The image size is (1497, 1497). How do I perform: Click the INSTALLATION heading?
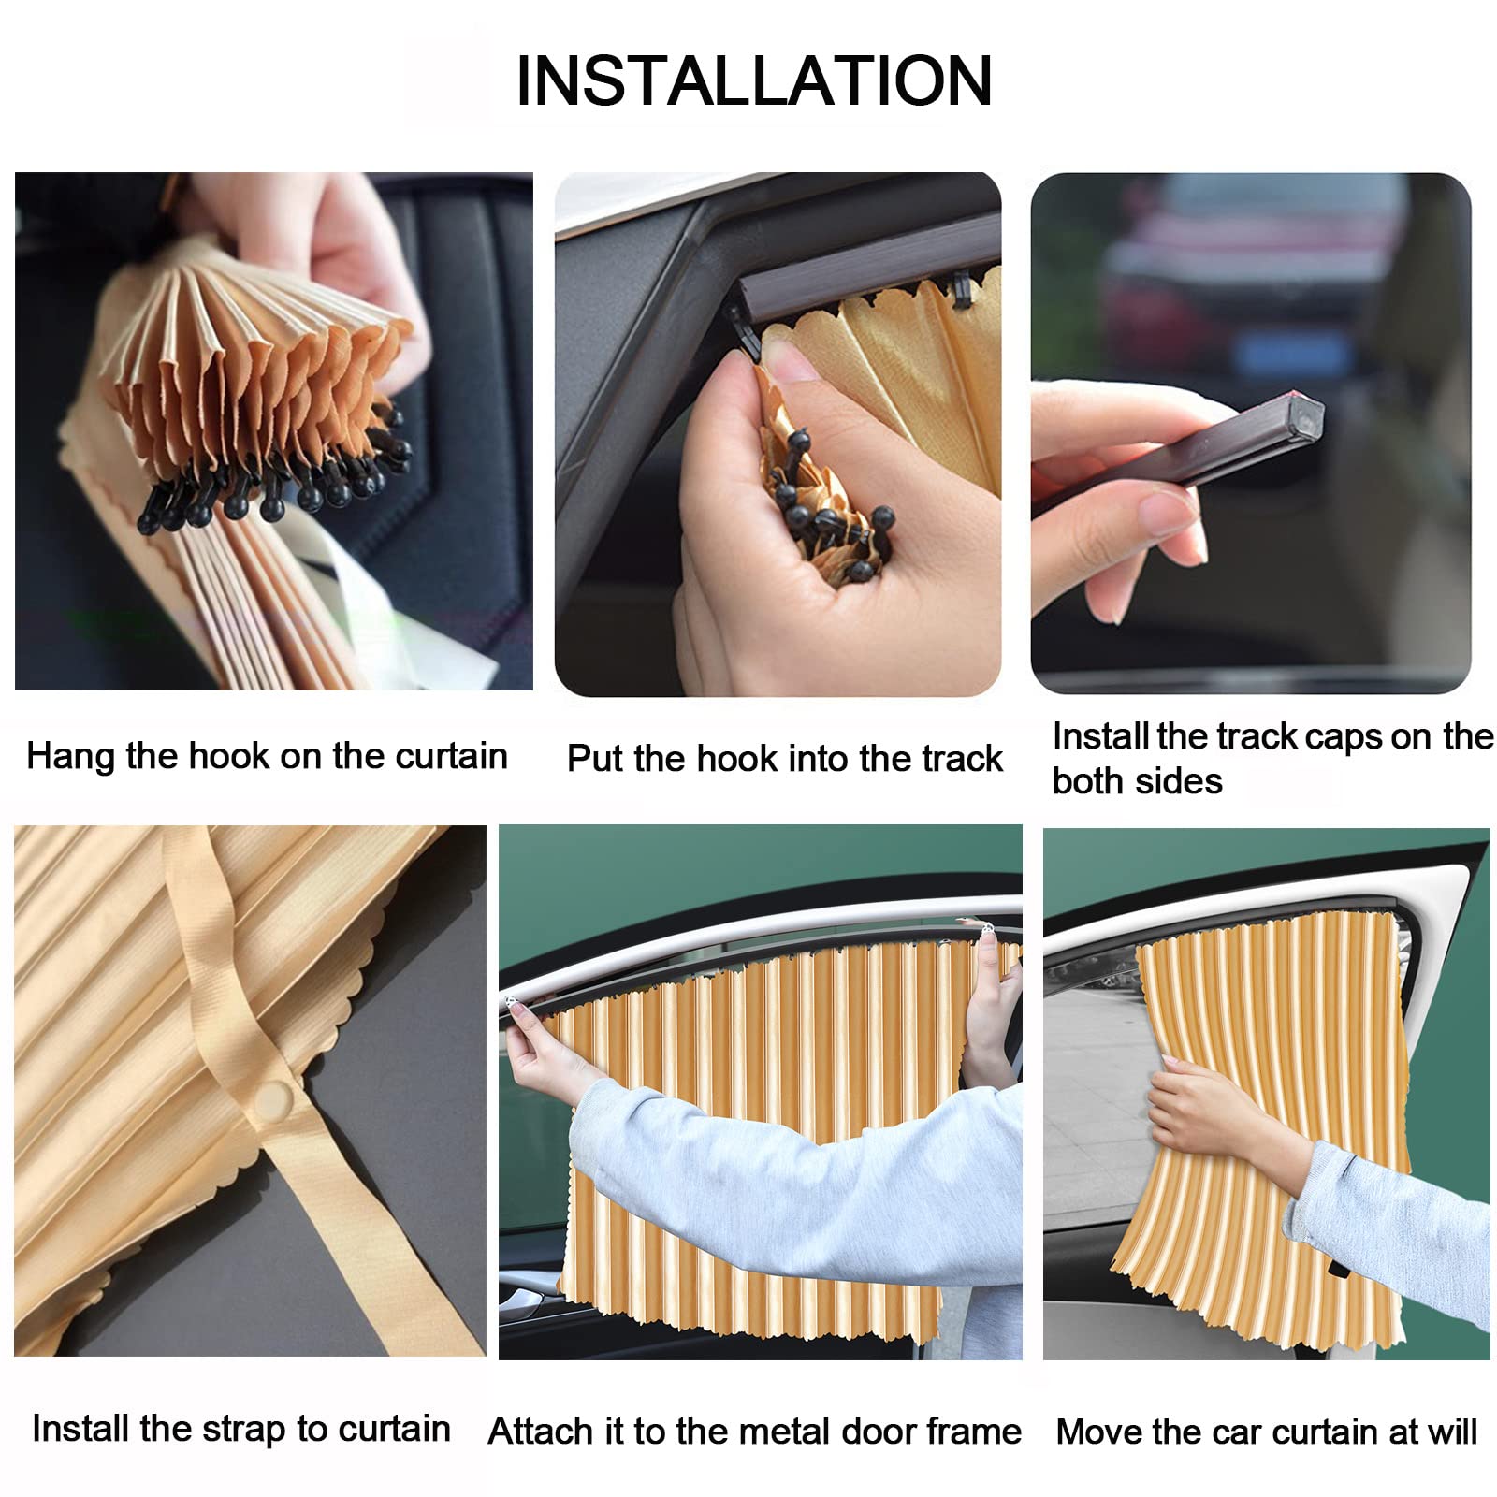tap(754, 81)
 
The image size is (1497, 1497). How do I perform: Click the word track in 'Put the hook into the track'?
tap(958, 758)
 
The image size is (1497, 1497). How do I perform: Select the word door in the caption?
tap(882, 1432)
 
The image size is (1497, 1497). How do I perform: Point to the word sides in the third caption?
tap(1178, 781)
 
